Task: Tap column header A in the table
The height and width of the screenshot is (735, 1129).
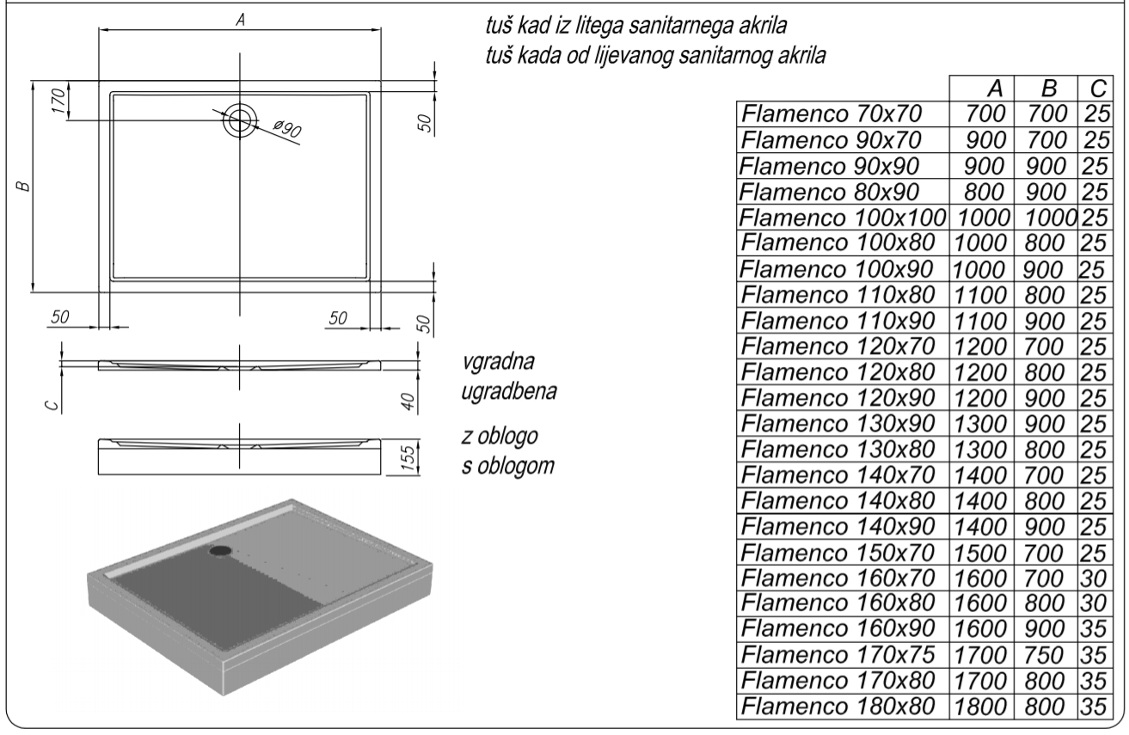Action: click(x=995, y=89)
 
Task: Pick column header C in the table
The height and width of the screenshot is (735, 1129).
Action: click(x=1095, y=89)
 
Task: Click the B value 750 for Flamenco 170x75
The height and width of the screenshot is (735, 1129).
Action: click(x=1046, y=655)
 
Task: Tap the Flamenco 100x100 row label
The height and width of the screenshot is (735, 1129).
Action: click(x=843, y=217)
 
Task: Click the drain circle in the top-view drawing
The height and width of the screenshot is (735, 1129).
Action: click(x=240, y=120)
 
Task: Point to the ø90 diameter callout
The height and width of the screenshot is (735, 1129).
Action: click(x=287, y=131)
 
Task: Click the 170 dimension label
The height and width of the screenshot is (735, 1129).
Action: click(x=58, y=101)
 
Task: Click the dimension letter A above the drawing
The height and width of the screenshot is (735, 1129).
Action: click(x=242, y=21)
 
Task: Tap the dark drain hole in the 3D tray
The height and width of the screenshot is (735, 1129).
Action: click(x=222, y=550)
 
